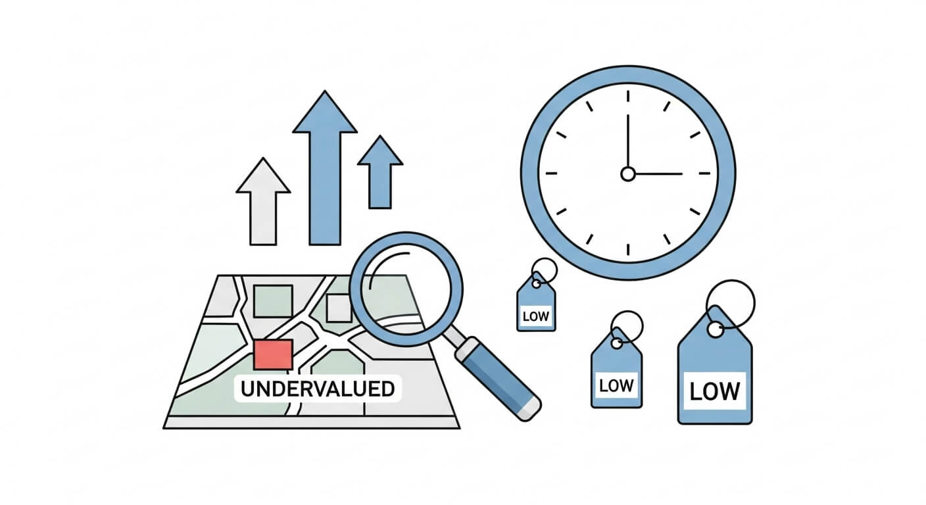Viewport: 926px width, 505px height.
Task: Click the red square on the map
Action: pos(272,354)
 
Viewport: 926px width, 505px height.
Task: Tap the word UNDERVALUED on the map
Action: pos(317,389)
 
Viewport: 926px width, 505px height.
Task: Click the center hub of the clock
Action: pos(628,174)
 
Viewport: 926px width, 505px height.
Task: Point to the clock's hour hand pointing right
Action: pos(658,174)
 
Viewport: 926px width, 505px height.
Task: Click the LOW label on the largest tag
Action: pos(714,391)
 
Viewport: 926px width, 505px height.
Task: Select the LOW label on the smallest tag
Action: pos(535,316)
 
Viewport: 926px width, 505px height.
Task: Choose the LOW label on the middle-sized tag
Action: pos(616,385)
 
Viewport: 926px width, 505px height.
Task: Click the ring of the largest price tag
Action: pos(731,302)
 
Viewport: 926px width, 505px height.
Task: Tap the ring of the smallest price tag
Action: pos(545,270)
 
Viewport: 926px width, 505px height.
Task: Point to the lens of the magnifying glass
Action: pos(406,289)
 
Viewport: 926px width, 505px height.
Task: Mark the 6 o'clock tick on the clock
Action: pos(628,250)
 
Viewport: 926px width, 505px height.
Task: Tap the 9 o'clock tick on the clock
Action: pos(551,174)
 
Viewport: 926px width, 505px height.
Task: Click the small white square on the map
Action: pos(339,308)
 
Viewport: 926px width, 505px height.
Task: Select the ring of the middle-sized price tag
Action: pos(627,325)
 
